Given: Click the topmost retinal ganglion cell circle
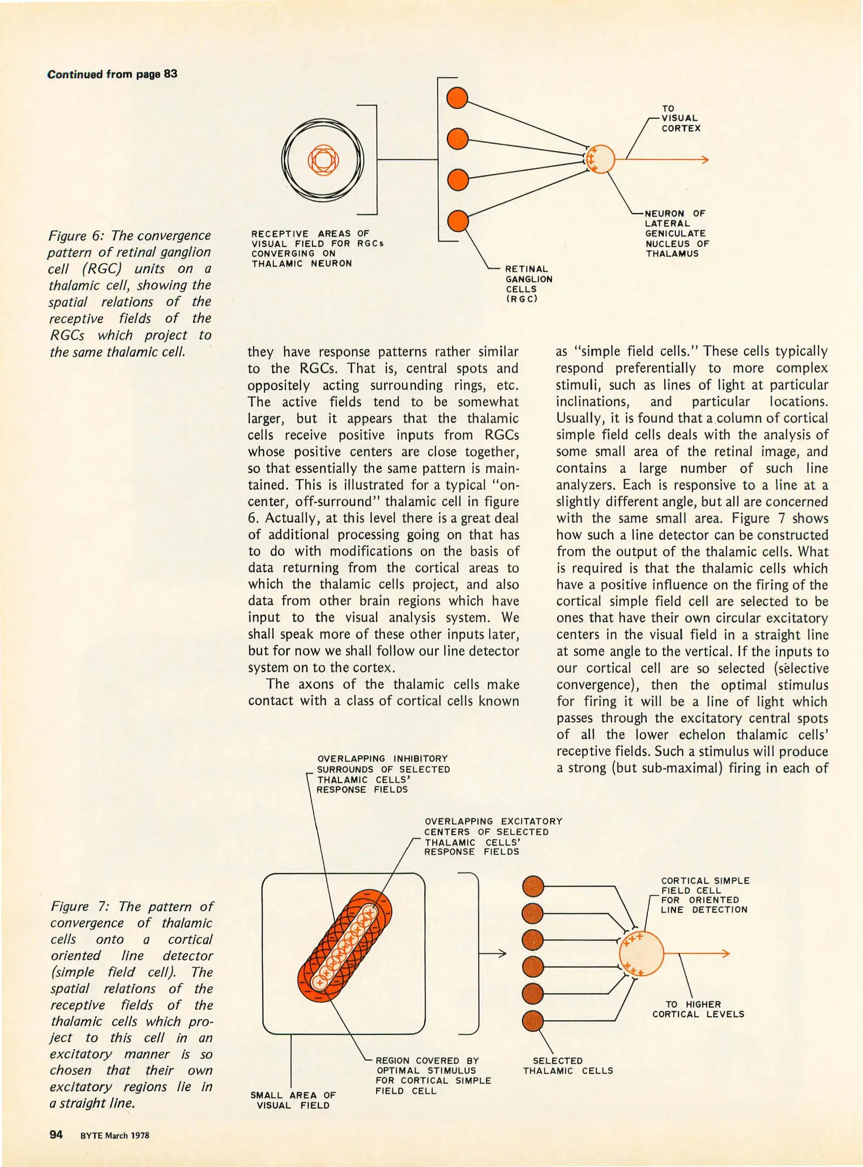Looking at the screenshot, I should (457, 98).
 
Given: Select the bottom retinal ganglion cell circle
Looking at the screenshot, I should (458, 221).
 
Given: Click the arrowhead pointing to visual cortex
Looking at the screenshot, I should (704, 159).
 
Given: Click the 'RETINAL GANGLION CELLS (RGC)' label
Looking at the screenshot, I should (528, 284).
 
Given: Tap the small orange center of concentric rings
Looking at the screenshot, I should (323, 159).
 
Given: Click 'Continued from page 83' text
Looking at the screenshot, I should (112, 74).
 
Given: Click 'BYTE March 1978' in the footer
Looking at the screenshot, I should (115, 1135).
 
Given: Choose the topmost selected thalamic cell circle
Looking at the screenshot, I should (533, 886).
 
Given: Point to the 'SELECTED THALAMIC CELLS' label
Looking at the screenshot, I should (567, 1065).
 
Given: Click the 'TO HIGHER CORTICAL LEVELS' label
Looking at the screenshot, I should (698, 1009).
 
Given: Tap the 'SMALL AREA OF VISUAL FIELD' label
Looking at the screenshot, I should (293, 1100).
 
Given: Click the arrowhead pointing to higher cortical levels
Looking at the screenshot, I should (726, 954).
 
